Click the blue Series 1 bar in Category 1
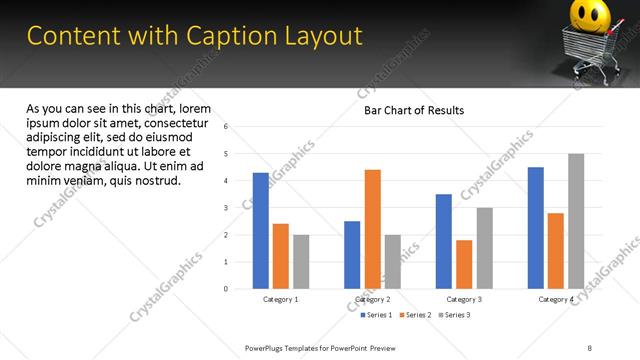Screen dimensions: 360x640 [261, 230]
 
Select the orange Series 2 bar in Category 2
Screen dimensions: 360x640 [372, 229]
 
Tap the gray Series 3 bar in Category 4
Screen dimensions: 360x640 [576, 221]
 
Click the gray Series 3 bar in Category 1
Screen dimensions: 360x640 [301, 261]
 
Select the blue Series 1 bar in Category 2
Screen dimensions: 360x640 [352, 255]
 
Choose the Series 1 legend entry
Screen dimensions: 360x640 [378, 315]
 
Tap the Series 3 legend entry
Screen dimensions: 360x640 [454, 315]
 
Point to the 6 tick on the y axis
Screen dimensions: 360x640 [227, 127]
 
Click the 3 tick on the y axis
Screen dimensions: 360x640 [227, 208]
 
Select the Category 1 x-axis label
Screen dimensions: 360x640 [281, 299]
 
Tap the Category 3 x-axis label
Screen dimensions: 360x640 [464, 299]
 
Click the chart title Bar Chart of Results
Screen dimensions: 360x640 [414, 110]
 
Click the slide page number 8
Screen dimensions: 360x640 [590, 347]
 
